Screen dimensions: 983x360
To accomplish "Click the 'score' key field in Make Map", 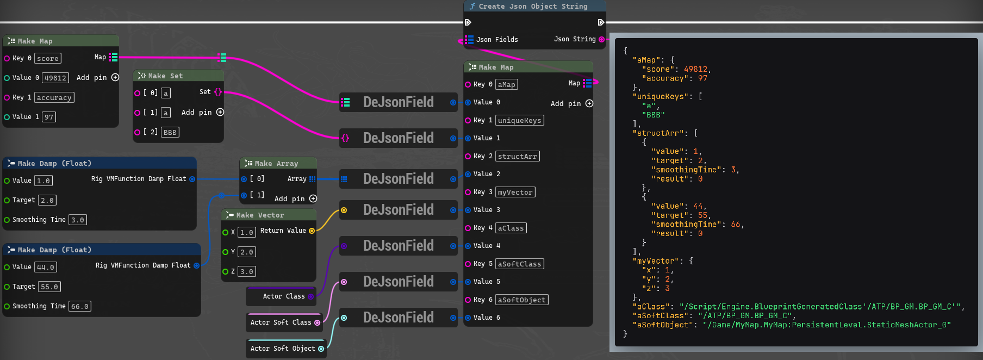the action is [48, 58].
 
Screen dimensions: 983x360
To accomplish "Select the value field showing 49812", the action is [55, 78].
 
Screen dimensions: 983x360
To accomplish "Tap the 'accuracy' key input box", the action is [54, 97].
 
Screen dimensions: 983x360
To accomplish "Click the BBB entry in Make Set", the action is [170, 132].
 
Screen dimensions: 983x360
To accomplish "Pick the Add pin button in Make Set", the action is [220, 112].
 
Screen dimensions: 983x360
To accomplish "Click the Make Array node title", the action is [276, 163].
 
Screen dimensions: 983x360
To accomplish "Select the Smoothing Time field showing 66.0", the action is [80, 306].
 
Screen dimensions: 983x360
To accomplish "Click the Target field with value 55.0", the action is [49, 287].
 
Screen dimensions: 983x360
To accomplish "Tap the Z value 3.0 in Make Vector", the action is [247, 271].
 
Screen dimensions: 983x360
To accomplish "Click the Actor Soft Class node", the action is [284, 322].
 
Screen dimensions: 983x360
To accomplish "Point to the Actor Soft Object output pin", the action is [321, 349].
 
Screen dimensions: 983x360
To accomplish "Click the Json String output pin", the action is [601, 39].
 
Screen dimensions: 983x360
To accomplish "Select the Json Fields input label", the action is [497, 40].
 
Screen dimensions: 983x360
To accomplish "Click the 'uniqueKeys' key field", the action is [520, 120].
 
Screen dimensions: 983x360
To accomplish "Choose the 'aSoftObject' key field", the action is [522, 300].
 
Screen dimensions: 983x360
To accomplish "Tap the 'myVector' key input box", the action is [515, 192].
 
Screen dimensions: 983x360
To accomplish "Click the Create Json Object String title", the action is [533, 7].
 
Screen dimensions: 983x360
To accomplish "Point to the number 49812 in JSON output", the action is [696, 69].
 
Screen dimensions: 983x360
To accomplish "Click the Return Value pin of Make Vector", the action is [312, 231].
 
